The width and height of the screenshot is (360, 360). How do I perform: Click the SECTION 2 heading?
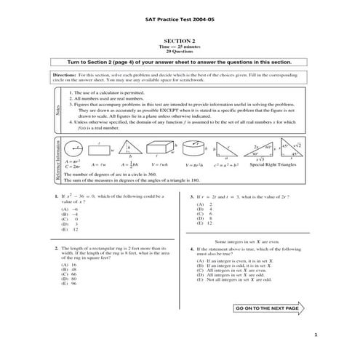coord(179,42)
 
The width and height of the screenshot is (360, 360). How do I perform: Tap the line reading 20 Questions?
coord(179,52)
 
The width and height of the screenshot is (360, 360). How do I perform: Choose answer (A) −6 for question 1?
coord(70,209)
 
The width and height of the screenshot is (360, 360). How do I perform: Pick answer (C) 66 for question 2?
coord(70,273)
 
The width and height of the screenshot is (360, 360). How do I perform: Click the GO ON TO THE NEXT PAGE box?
coord(267,308)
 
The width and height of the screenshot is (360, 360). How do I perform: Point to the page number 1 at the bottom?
coord(317,335)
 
